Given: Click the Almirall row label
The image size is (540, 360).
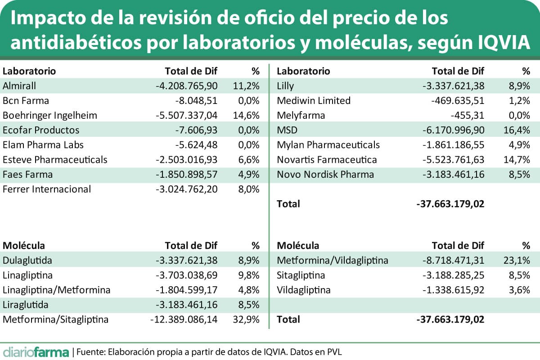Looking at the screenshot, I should tap(19, 86).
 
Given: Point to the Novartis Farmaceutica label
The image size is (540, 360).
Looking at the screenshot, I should tap(327, 160).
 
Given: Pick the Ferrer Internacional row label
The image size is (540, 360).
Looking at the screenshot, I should tap(47, 189).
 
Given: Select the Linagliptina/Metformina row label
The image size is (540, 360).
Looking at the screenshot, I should tap(56, 290).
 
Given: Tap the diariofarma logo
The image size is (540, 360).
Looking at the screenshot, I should tap(36, 351).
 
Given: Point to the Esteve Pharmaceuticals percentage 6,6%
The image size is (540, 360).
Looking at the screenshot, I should tap(248, 160).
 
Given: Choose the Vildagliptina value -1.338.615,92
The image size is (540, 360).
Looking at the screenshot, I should tap(454, 290).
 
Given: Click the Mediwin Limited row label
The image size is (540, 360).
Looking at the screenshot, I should tap(314, 101).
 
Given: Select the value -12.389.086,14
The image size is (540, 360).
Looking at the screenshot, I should tap(184, 320).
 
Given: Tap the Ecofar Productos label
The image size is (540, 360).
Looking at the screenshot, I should tap(41, 130).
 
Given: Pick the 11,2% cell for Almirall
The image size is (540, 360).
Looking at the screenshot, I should tap(246, 86).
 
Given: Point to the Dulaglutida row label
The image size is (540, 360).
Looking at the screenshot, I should tap(27, 261).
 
